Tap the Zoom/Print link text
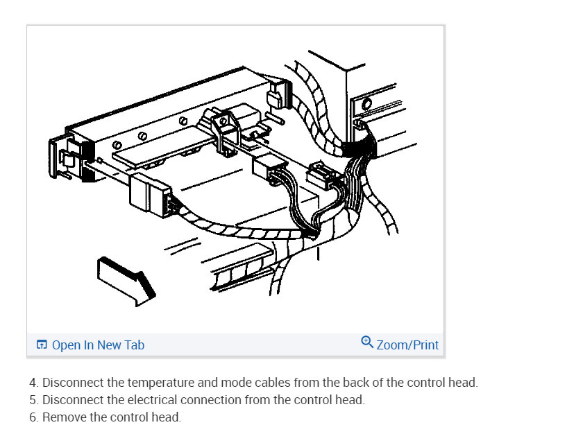[x=407, y=345]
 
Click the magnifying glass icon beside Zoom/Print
[x=367, y=342]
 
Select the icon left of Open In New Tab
[x=42, y=345]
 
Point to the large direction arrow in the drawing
[x=126, y=281]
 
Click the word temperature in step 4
[x=160, y=383]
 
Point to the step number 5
[x=33, y=400]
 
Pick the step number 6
[x=33, y=417]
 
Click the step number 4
[x=33, y=383]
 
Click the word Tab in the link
[x=134, y=345]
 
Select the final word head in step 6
[x=166, y=417]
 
